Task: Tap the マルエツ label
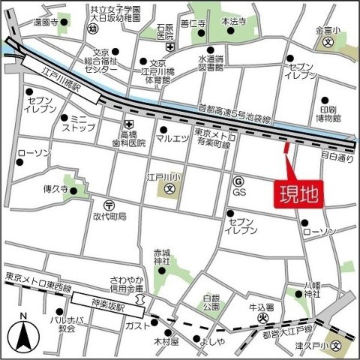tap(172, 138)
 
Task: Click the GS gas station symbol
tap(238, 181)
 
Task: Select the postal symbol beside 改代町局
tap(109, 204)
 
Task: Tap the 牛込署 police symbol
tap(262, 317)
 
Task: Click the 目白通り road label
tap(337, 158)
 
